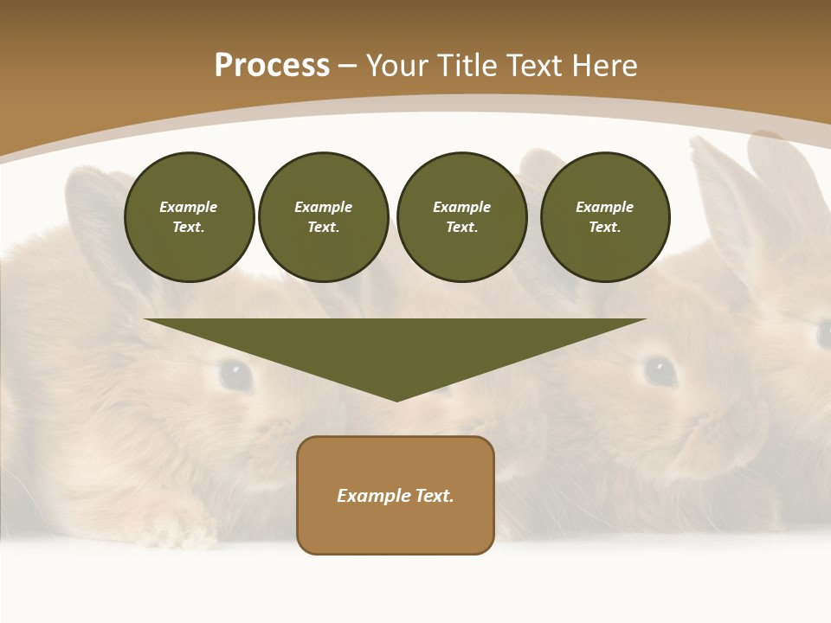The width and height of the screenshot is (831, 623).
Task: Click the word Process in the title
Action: click(x=272, y=66)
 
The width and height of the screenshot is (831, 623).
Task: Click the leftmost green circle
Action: click(x=189, y=217)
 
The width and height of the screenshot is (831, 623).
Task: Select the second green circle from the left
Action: click(x=323, y=217)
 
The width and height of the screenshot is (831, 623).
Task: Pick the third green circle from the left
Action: click(x=461, y=217)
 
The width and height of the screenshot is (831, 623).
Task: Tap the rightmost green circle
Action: click(x=604, y=217)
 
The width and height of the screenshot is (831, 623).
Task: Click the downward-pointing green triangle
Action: click(x=396, y=350)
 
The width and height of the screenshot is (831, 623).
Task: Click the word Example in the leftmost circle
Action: click(x=189, y=207)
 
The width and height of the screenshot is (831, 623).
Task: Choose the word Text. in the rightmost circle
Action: click(x=604, y=228)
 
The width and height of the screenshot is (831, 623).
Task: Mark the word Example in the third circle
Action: click(x=461, y=207)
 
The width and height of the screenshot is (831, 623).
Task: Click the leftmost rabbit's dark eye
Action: click(x=235, y=374)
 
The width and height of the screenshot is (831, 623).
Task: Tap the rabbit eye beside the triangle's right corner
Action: click(x=660, y=370)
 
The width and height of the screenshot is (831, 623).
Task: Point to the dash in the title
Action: click(x=347, y=67)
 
